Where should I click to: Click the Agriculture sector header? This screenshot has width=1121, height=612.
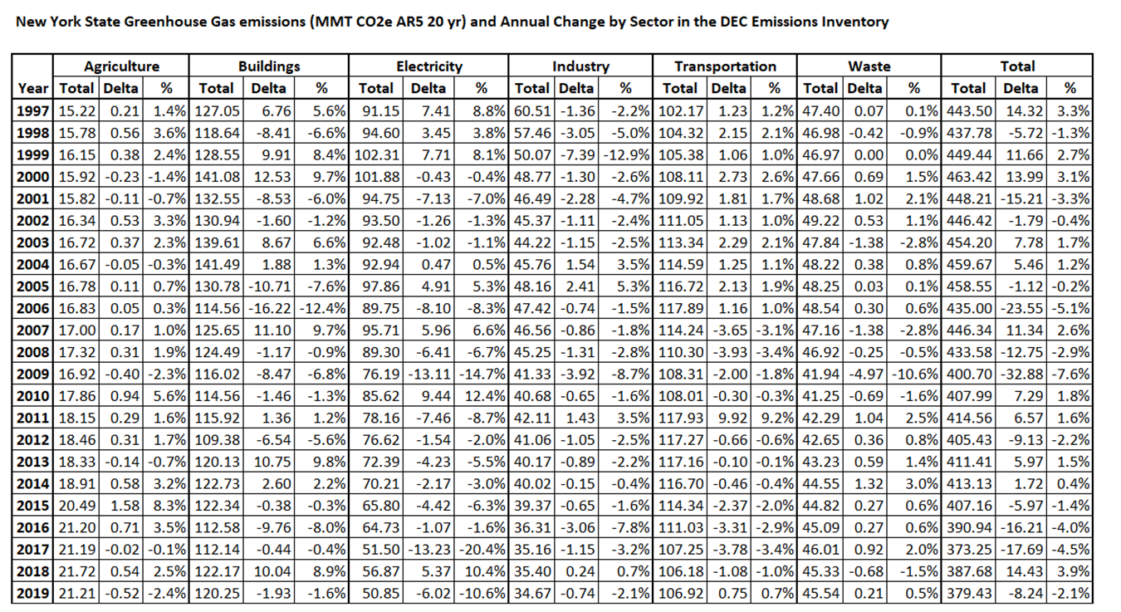click(121, 66)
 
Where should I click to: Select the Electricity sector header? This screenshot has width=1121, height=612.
click(428, 66)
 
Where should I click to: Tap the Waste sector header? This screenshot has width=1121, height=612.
click(869, 66)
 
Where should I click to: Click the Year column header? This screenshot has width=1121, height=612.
click(32, 88)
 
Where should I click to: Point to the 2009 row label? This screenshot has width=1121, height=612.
click(33, 375)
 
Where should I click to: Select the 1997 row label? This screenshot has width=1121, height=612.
click(33, 110)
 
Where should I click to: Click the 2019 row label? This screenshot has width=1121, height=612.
click(33, 594)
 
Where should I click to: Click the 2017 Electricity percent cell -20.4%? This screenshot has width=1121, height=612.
click(482, 550)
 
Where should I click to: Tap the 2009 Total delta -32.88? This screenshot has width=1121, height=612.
click(1021, 375)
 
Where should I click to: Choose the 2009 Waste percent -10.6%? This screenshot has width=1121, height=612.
click(915, 375)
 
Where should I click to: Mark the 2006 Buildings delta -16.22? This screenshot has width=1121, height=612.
click(269, 308)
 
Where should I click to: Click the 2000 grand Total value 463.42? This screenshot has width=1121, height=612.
click(969, 177)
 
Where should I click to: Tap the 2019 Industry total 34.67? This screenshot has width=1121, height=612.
click(532, 594)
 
